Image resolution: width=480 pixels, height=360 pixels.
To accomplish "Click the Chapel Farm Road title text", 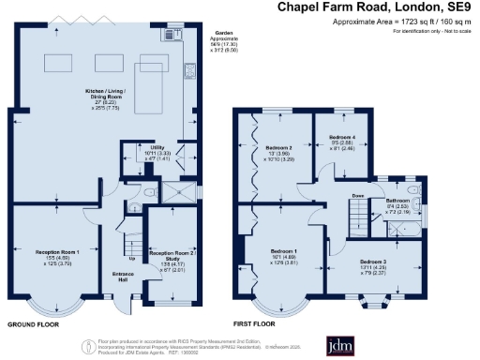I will [x=378, y=7].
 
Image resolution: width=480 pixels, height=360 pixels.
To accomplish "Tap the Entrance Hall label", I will [x=124, y=277].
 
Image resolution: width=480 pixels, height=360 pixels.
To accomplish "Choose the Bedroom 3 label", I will [x=373, y=264].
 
